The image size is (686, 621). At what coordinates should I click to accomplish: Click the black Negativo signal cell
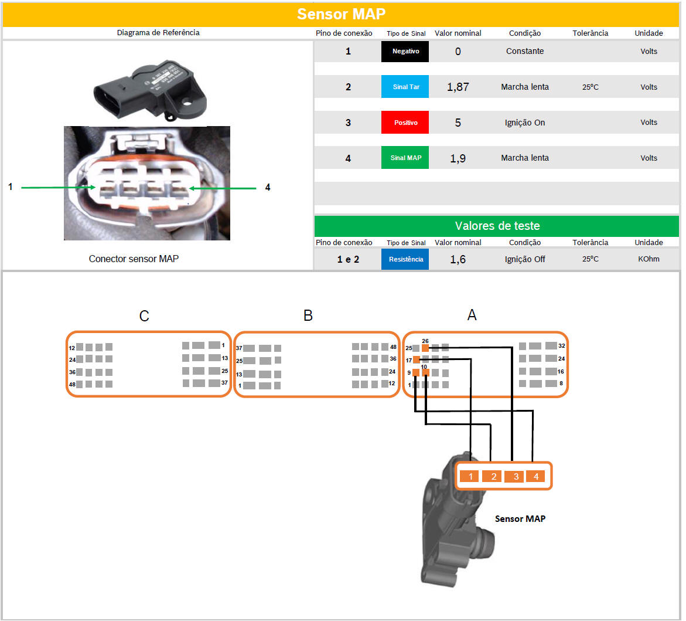(405, 51)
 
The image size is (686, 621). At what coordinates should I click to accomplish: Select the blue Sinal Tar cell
(405, 87)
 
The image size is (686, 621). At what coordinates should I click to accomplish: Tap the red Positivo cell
(405, 122)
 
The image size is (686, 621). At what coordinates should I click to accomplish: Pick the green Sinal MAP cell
(405, 158)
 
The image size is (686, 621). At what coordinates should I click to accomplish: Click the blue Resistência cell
(405, 259)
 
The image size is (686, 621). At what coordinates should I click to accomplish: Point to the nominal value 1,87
(458, 87)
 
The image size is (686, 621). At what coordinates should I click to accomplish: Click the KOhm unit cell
(649, 259)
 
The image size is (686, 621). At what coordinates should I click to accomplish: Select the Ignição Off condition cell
(524, 259)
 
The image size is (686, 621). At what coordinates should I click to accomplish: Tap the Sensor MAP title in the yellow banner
(342, 14)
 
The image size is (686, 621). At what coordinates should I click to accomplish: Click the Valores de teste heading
(497, 226)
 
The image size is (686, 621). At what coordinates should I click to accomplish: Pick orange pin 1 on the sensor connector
(470, 476)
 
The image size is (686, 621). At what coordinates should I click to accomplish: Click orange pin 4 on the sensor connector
(536, 476)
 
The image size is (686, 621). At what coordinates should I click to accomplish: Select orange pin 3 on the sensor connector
(516, 476)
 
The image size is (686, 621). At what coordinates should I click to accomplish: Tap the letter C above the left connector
(144, 315)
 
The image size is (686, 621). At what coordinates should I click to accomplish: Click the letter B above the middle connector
(308, 315)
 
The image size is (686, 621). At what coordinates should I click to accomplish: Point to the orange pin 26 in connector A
(425, 348)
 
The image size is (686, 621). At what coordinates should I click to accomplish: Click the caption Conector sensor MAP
(134, 259)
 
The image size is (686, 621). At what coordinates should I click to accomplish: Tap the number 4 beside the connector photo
(267, 188)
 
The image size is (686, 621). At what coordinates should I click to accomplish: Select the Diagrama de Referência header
(158, 32)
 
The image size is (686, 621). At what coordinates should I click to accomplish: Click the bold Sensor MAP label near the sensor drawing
(520, 518)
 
